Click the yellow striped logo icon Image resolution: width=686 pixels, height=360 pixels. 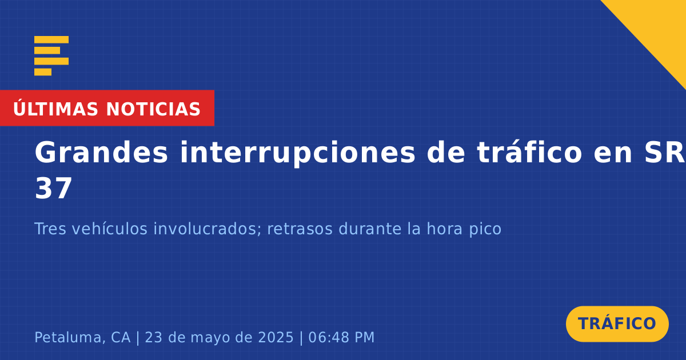point(51,56)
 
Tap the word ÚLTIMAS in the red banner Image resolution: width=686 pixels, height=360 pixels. point(55,109)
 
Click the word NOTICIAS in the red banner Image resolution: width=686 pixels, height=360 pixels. point(153,109)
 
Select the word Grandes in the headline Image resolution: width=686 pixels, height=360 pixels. point(101,153)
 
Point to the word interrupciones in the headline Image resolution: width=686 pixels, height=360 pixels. point(297,153)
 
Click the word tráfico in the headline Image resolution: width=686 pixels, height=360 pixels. point(529,152)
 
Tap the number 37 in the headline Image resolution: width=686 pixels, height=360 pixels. point(53,189)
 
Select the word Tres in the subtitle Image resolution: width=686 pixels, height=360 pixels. point(50,229)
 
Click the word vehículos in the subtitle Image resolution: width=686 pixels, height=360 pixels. point(110,229)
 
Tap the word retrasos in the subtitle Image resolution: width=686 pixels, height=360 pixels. point(300,229)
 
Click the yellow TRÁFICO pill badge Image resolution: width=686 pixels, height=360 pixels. point(617,324)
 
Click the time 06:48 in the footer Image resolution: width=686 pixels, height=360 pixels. point(328,337)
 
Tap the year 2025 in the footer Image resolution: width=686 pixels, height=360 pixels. point(276,337)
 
